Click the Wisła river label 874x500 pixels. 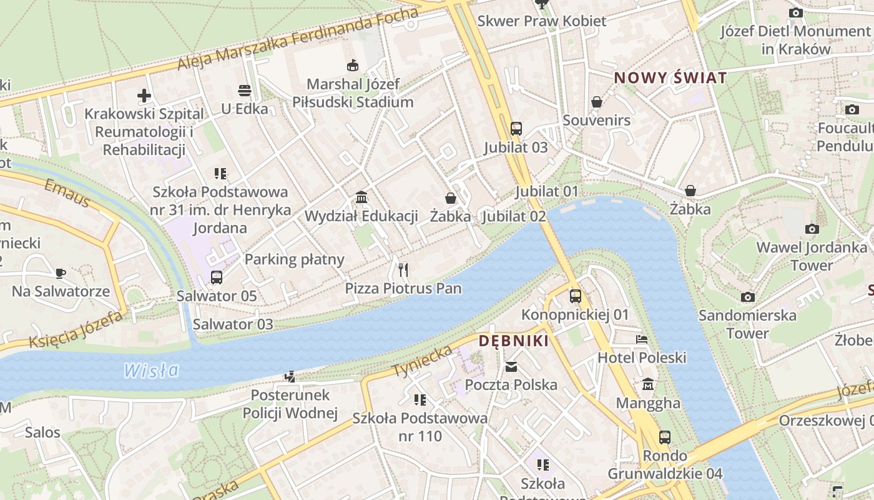click(151, 371)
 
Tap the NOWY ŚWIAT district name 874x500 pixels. click(670, 78)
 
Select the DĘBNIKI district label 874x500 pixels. click(514, 341)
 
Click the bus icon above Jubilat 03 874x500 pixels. click(516, 129)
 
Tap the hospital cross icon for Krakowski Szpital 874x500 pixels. click(144, 96)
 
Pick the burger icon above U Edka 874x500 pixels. click(245, 91)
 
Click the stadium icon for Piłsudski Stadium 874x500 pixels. click(353, 65)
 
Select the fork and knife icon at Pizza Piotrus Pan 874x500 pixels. click(403, 270)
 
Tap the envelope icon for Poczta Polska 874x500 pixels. click(511, 367)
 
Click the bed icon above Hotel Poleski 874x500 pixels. click(642, 339)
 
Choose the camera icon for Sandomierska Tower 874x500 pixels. click(747, 297)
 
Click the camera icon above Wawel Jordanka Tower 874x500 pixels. click(812, 229)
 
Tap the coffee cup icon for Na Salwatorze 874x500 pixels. click(61, 273)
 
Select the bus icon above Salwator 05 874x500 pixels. click(217, 277)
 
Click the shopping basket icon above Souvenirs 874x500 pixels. click(597, 102)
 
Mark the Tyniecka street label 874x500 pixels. click(422, 362)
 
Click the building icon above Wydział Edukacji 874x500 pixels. click(361, 198)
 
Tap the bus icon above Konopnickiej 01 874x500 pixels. click(575, 296)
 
